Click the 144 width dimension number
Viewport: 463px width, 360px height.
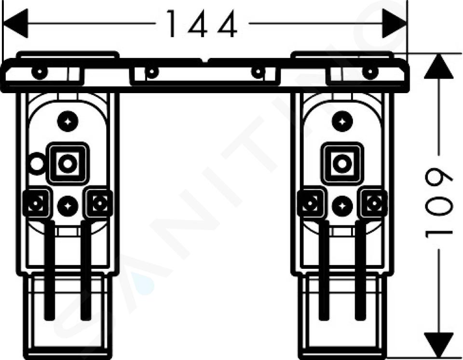202,24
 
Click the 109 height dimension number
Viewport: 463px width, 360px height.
439,204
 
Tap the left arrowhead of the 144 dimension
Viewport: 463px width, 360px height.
15,23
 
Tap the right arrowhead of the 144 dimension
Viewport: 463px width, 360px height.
395,23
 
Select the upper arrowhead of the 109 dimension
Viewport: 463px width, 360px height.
439,66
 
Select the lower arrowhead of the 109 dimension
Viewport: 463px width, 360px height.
439,345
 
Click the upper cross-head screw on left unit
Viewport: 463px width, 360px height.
68,122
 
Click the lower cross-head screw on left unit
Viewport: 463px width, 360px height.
68,206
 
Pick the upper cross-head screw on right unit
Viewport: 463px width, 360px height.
342,122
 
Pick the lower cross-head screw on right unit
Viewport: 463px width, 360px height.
342,206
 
